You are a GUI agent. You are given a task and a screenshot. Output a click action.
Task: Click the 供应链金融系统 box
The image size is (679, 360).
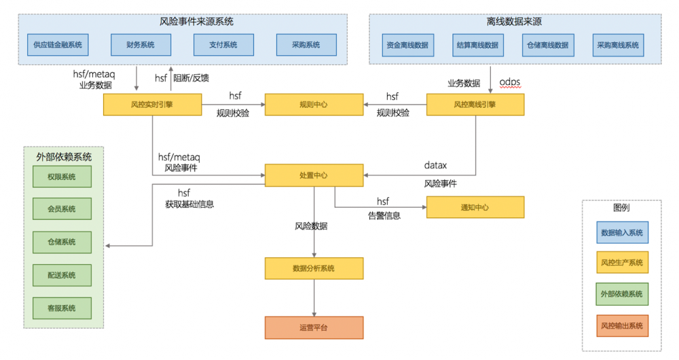click(57, 45)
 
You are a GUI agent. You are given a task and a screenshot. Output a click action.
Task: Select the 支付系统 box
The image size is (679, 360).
click(223, 45)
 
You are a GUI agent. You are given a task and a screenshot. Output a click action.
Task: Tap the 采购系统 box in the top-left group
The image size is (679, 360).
click(306, 45)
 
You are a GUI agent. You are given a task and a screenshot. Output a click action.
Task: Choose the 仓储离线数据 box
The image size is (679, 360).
click(547, 45)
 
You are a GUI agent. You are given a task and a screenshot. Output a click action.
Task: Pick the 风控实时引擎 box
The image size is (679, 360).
click(153, 105)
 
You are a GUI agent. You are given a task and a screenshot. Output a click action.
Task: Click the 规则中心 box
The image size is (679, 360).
click(314, 105)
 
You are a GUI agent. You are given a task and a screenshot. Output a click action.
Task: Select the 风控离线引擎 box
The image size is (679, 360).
click(475, 105)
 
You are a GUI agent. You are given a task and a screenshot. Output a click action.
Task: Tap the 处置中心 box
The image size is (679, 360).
click(314, 175)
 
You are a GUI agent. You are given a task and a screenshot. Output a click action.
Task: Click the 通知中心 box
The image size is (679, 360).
click(475, 207)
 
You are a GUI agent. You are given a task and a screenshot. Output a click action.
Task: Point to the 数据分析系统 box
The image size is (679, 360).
click(314, 268)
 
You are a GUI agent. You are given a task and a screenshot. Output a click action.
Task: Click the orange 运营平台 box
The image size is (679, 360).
click(314, 327)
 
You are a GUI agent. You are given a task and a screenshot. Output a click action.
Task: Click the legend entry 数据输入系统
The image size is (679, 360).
click(622, 232)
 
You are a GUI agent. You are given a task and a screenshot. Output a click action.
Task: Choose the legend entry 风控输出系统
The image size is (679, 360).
click(622, 326)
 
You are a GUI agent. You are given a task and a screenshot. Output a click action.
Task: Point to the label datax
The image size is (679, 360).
click(436, 165)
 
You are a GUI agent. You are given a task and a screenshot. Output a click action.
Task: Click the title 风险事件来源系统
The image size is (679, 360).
click(196, 21)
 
